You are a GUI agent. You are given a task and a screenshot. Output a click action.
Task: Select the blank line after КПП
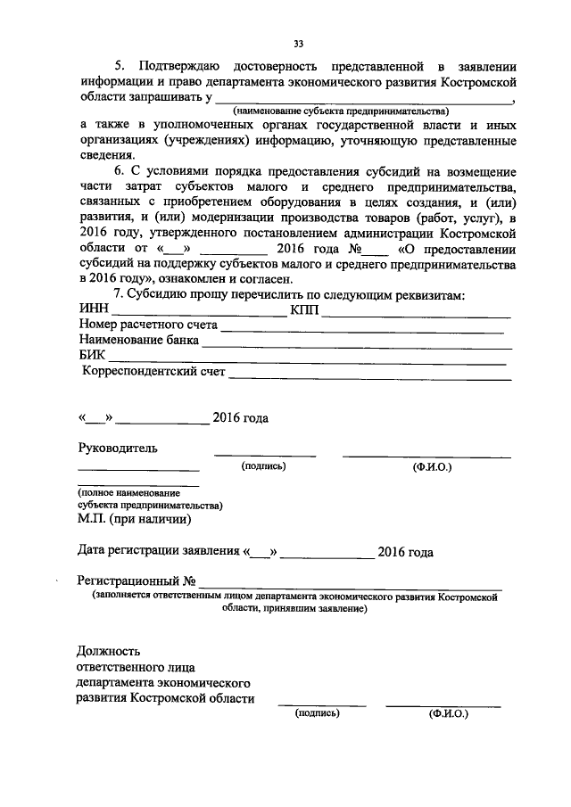coord(416,315)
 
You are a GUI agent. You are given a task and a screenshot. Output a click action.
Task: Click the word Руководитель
coord(119,448)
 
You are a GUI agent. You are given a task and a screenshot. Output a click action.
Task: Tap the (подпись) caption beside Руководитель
coord(263,465)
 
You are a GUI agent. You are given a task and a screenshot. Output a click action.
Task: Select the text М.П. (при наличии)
coord(133,518)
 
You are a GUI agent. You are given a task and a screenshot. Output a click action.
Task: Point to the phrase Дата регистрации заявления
coord(158,552)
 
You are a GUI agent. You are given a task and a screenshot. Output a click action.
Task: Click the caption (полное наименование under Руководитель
coord(128,492)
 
